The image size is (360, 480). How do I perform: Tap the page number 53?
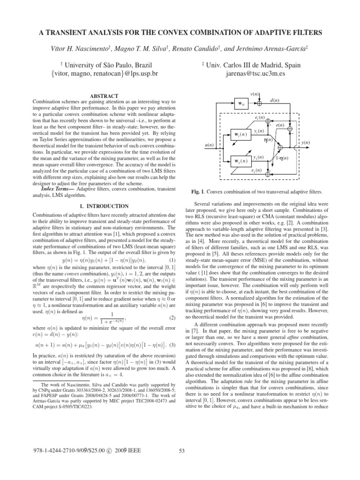pos(183,465)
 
